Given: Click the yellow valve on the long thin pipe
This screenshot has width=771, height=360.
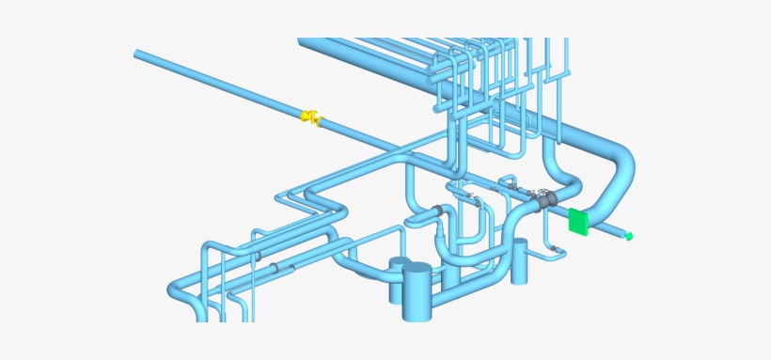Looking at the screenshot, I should (x=310, y=117).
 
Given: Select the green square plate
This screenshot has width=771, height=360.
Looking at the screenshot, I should (x=578, y=222).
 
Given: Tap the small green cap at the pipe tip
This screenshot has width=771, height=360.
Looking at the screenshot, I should (x=630, y=236).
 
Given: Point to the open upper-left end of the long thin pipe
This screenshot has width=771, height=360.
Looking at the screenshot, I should (x=139, y=55).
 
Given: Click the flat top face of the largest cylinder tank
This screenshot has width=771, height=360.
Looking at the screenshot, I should (x=416, y=271).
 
